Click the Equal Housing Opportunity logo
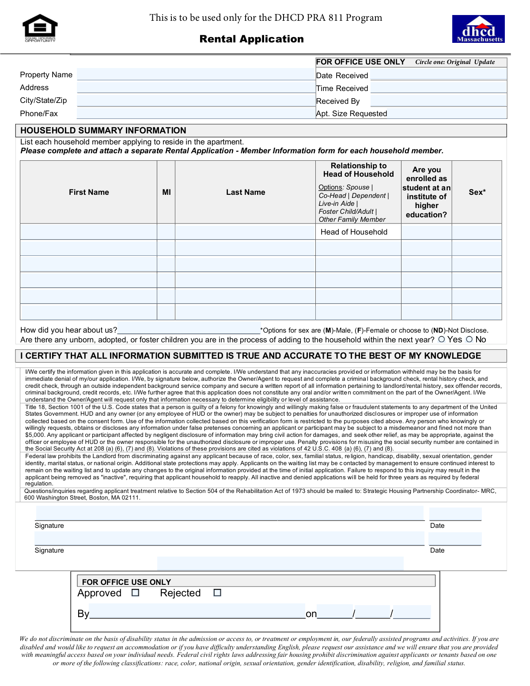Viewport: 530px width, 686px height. tap(40, 28)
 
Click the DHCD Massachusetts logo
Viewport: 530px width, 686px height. tap(478, 29)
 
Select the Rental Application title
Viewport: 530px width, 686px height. tap(251, 39)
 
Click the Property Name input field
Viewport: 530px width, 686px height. tap(195, 74)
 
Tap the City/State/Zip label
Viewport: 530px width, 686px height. tap(43, 100)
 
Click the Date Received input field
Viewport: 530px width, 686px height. tap(438, 75)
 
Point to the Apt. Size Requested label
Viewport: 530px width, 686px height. tap(352, 114)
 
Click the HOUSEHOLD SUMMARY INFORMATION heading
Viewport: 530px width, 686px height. tap(103, 130)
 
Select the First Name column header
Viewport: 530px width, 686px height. tap(89, 192)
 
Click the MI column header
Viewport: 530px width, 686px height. tap(167, 192)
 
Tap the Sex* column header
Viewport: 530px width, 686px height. tap(477, 192)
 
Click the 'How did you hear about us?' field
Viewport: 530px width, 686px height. tap(189, 329)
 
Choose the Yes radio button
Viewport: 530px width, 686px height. tap(441, 339)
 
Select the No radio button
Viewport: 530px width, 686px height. tap(469, 339)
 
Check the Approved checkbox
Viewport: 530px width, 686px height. tap(136, 593)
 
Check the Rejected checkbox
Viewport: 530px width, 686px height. tap(217, 593)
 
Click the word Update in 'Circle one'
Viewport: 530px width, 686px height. tap(485, 62)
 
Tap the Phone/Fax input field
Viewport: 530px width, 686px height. tap(195, 113)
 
